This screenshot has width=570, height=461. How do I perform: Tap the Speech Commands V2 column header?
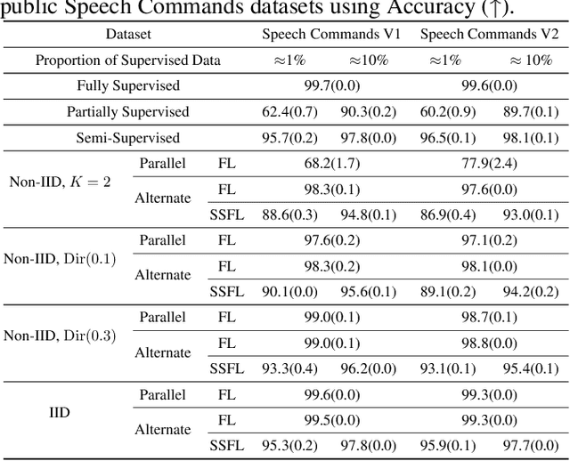[489, 35]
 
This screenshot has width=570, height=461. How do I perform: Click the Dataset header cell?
[128, 35]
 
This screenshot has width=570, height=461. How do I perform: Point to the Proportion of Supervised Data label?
[128, 61]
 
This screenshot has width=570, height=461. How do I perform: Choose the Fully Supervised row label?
[128, 86]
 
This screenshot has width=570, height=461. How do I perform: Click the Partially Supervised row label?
[128, 112]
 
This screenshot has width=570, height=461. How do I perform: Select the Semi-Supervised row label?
[128, 138]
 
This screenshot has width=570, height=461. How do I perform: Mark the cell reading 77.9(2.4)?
[489, 164]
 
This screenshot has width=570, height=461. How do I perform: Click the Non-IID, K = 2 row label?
[61, 182]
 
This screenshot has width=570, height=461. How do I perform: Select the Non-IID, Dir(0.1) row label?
[61, 258]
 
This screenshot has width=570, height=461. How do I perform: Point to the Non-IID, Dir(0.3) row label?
[61, 336]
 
